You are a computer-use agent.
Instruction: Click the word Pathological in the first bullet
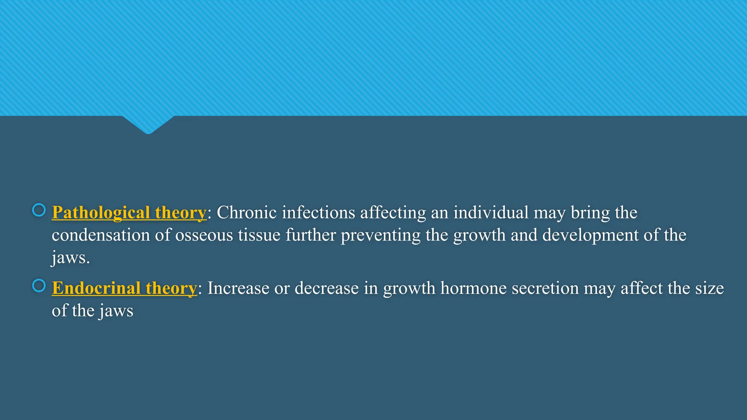click(101, 213)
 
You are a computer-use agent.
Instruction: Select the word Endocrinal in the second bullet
click(96, 288)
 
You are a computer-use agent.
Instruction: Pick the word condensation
click(101, 235)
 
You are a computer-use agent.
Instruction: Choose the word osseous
click(204, 235)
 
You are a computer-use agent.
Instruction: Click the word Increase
click(238, 288)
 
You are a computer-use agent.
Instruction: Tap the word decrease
click(326, 288)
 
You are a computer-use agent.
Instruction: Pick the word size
click(709, 288)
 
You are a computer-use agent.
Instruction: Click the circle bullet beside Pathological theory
click(39, 210)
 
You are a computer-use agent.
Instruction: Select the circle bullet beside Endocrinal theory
click(39, 285)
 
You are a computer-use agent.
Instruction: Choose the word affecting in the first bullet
click(393, 213)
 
